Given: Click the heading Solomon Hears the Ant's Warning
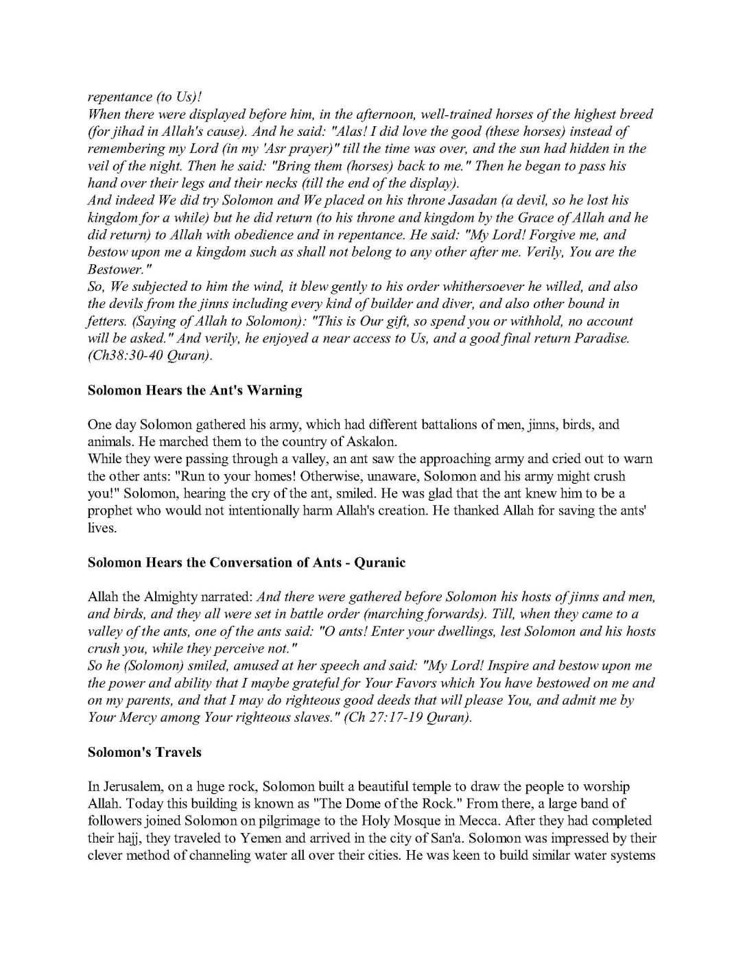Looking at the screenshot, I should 195,390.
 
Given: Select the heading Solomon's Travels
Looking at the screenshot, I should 144,752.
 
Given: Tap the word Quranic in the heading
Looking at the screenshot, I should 380,563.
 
